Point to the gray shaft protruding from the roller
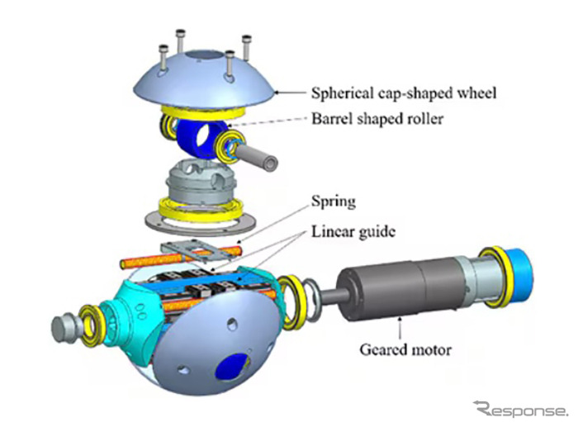(262, 157)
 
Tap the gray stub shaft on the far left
(64, 327)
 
